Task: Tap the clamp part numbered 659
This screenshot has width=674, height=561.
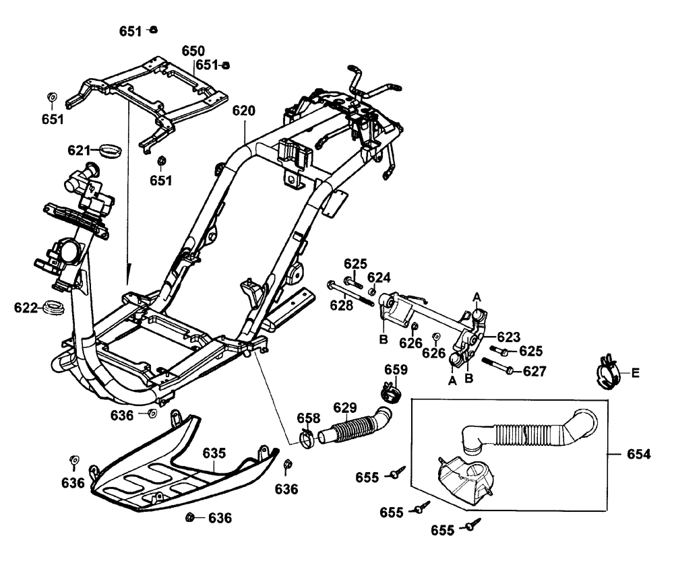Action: click(388, 390)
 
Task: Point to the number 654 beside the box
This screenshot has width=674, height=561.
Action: click(638, 455)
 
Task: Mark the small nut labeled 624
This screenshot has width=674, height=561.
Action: click(373, 291)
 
